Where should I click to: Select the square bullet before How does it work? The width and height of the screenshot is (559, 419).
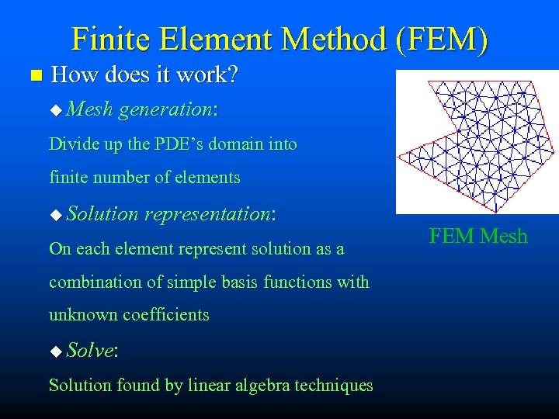32,76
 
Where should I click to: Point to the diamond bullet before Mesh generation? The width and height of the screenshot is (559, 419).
54,111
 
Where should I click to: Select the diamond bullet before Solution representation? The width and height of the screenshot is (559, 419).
54,215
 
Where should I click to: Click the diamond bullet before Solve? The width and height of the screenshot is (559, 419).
54,351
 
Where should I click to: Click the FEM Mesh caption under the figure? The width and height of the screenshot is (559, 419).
478,236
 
